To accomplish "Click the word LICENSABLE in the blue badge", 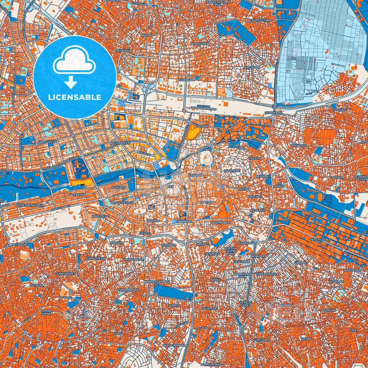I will point(74,97).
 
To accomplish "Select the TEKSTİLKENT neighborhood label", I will point(320,240).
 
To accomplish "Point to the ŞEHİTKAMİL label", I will point(274,112).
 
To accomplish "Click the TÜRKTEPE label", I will point(231,171).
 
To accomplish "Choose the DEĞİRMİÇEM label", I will point(121,143).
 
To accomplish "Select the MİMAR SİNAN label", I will point(46,312).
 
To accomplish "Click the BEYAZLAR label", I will point(20,244).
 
